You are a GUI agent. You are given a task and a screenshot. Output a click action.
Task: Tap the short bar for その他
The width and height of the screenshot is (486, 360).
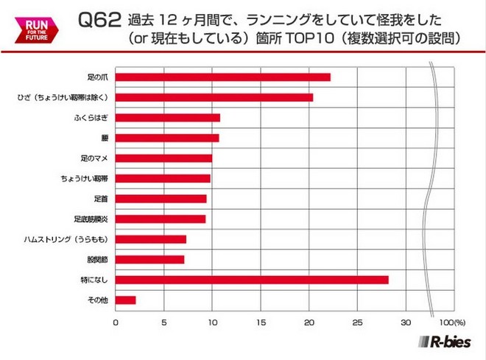tap(126, 300)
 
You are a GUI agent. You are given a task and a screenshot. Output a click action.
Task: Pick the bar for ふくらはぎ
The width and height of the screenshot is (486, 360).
tap(168, 118)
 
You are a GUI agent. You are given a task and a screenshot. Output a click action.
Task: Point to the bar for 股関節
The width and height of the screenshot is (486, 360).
tap(150, 259)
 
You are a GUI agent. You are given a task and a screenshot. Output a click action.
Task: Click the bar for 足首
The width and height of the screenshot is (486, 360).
tap(161, 199)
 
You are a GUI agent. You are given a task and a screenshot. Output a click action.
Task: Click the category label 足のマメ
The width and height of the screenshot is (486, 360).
tap(94, 158)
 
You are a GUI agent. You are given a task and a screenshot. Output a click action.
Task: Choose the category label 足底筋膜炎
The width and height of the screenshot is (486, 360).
tap(91, 219)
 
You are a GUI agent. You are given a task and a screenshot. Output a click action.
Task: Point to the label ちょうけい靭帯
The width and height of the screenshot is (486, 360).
tap(85, 179)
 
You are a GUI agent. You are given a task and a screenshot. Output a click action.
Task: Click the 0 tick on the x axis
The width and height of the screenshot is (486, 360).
tap(116, 322)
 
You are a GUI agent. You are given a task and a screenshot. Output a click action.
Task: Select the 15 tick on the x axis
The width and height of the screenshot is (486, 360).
tap(261, 322)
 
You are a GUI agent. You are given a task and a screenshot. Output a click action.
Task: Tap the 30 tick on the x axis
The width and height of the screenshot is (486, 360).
tap(405, 322)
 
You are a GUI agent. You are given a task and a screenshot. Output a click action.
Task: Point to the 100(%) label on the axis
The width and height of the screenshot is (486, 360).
tap(451, 322)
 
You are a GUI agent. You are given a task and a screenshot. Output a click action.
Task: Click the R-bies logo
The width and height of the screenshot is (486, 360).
tap(446, 342)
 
